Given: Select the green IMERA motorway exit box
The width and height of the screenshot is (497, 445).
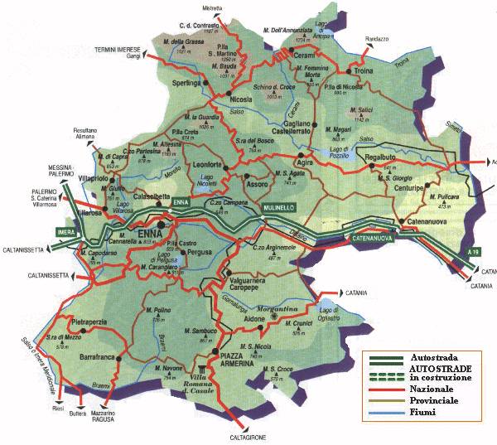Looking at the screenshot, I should click(x=65, y=231).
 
